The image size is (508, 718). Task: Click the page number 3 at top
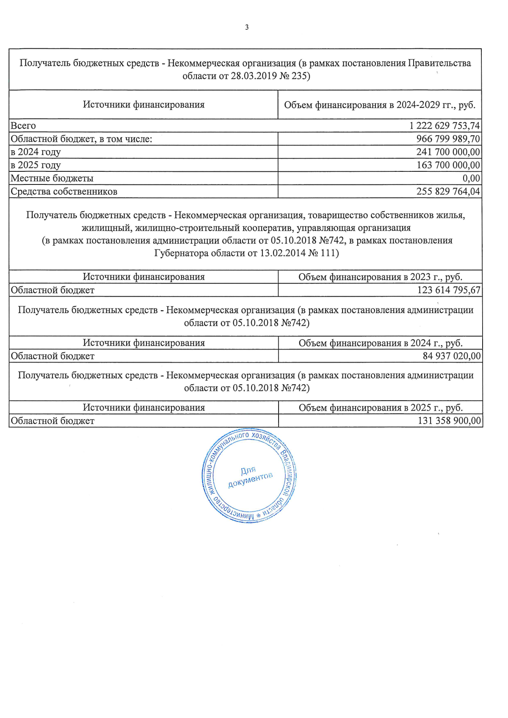click(247, 28)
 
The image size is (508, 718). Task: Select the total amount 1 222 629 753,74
click(444, 126)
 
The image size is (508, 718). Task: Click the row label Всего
click(23, 126)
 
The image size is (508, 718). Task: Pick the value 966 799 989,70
click(448, 139)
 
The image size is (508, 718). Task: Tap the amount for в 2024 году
click(448, 152)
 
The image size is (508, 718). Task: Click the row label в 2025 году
click(36, 165)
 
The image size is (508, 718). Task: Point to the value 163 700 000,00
click(448, 165)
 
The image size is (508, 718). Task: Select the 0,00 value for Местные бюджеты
click(471, 178)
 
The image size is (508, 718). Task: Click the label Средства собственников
click(64, 191)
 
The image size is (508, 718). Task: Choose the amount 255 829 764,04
click(448, 191)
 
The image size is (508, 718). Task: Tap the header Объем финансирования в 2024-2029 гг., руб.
click(380, 105)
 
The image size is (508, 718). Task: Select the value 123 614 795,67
click(449, 290)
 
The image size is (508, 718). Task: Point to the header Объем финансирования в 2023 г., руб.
click(380, 277)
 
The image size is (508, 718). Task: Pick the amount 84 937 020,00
click(452, 356)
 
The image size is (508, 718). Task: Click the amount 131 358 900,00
click(449, 421)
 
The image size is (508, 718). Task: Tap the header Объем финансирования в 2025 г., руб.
click(381, 408)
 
